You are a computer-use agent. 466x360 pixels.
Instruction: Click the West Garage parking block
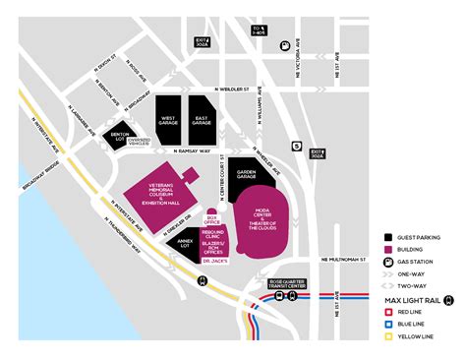(x=166, y=120)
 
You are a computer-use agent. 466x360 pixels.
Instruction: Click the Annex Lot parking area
(x=187, y=248)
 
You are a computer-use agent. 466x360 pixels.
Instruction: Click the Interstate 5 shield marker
(x=297, y=147)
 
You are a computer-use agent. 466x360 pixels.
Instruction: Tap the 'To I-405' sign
(x=259, y=30)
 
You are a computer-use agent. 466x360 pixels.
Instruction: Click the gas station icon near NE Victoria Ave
(x=285, y=43)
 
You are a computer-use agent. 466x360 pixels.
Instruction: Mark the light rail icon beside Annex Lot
(x=202, y=280)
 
